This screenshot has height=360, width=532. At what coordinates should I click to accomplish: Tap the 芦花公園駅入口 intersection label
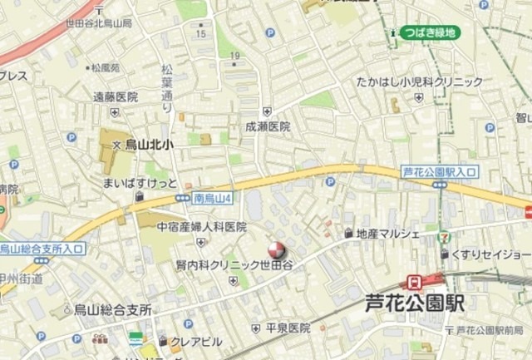pyautogui.click(x=440, y=171)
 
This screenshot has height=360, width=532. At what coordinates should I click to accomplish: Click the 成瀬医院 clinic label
pyautogui.click(x=268, y=127)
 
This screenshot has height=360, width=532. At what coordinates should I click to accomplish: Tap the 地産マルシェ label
pyautogui.click(x=387, y=234)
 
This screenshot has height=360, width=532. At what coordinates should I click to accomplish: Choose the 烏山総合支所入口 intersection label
pyautogui.click(x=42, y=248)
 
